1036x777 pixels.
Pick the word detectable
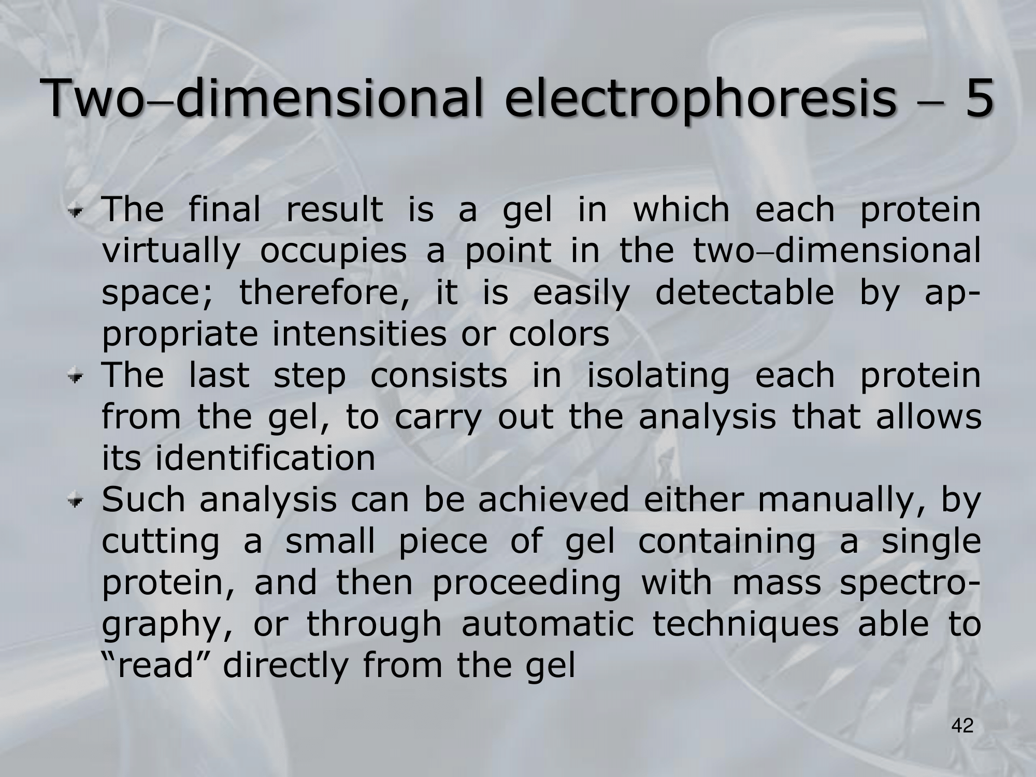(x=744, y=292)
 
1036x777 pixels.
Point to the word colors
(x=558, y=333)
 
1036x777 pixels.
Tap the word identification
(x=265, y=457)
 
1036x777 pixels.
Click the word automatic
(x=548, y=623)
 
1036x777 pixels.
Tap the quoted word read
(x=155, y=665)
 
